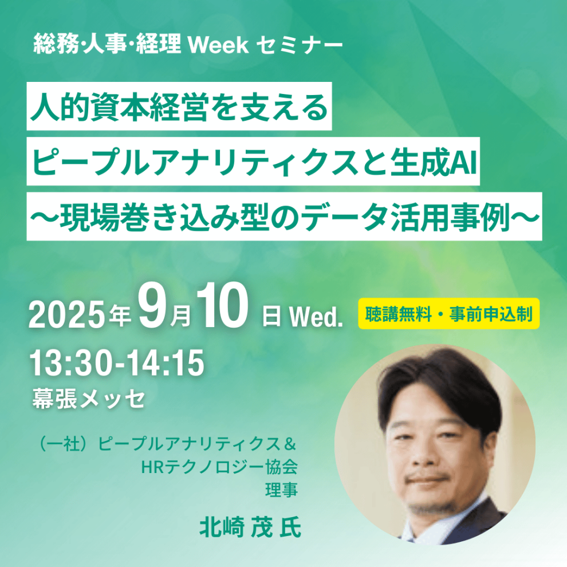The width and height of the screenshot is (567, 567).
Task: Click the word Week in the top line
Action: coord(218,45)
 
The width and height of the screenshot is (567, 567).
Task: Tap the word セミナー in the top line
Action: coord(299,45)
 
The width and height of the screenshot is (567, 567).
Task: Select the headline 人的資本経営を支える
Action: coord(179,107)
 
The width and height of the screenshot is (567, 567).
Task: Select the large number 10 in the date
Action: coord(222,306)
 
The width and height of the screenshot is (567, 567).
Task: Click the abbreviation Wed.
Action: coord(316,317)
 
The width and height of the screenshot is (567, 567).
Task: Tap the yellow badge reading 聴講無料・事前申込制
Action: coord(449,314)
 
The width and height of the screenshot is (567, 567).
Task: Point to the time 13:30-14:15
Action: coord(117,363)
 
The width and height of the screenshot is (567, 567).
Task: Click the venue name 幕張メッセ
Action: coord(89,399)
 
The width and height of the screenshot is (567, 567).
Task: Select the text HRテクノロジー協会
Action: coord(219,467)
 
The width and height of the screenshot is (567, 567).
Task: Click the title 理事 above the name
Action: coord(281,490)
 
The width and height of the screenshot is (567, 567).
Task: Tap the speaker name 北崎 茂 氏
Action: coord(250,526)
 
